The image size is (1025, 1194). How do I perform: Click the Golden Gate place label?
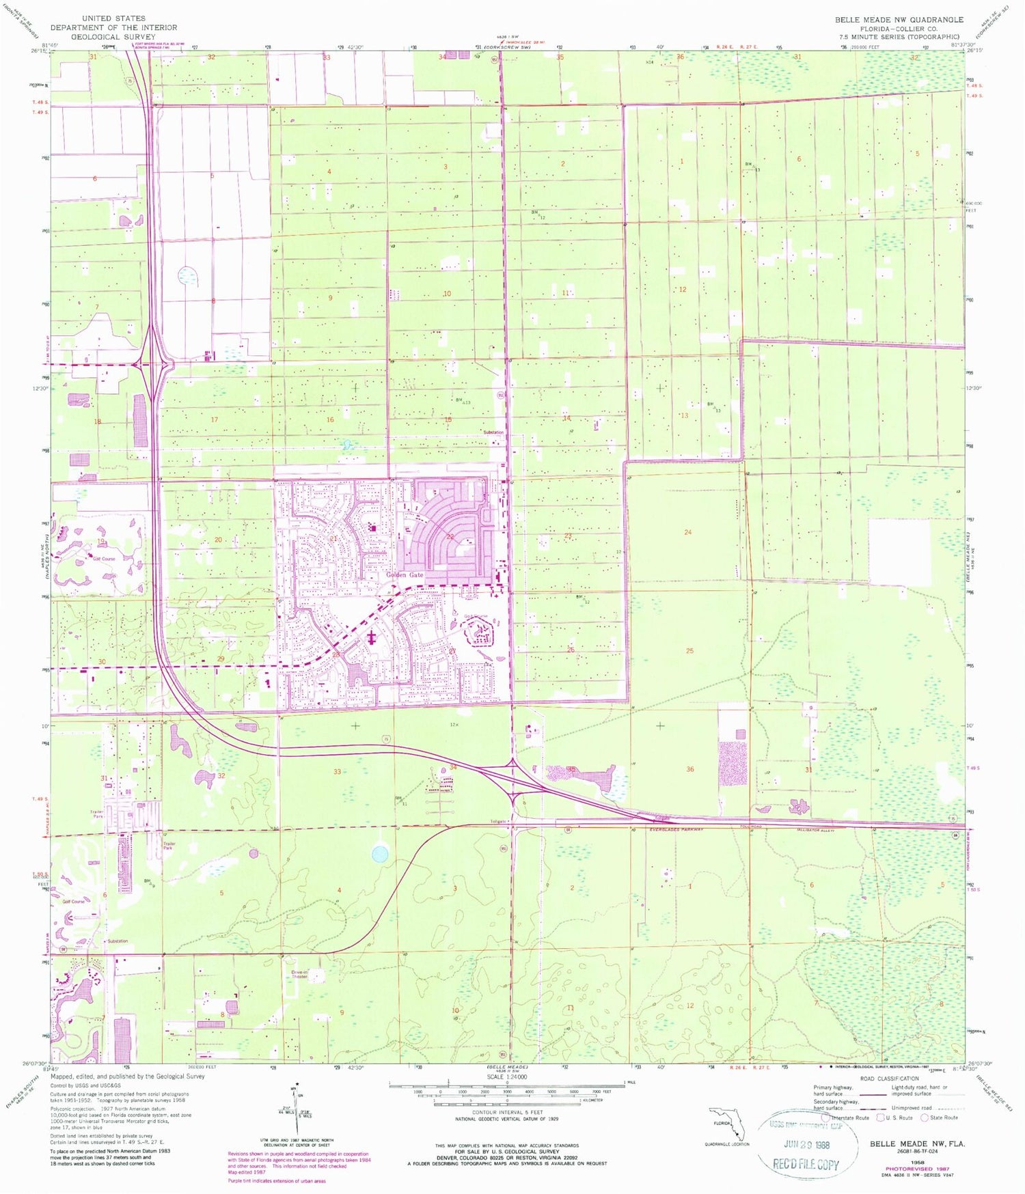click(x=405, y=575)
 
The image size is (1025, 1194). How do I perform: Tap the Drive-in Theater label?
click(x=299, y=975)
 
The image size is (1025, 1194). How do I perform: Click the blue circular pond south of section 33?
click(x=379, y=854)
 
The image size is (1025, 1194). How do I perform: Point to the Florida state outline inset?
click(x=727, y=1125)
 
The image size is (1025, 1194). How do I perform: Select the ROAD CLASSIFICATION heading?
click(x=890, y=1079)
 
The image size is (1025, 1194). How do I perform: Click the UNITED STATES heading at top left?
click(x=113, y=18)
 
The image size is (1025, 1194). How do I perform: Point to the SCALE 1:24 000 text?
click(x=506, y=1077)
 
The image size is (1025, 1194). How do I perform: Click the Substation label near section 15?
click(x=493, y=432)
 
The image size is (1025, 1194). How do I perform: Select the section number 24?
click(x=687, y=532)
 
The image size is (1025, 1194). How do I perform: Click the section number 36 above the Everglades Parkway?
click(x=690, y=769)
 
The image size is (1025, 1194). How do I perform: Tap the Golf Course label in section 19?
click(x=104, y=559)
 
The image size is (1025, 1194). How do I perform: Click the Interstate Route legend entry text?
click(x=851, y=1118)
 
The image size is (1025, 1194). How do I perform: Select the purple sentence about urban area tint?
click(x=277, y=1180)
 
